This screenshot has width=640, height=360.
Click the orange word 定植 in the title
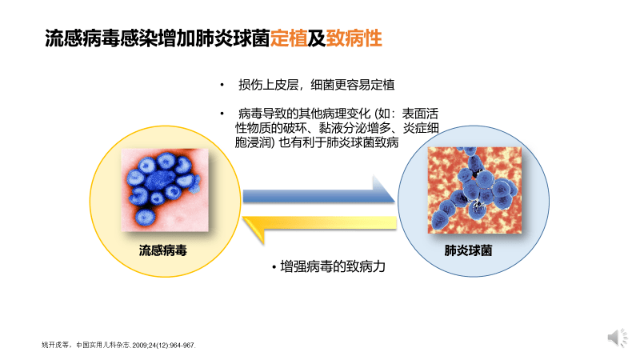289,38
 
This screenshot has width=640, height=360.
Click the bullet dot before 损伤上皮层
222,84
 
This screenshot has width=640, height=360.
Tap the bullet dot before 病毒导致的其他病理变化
222,112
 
